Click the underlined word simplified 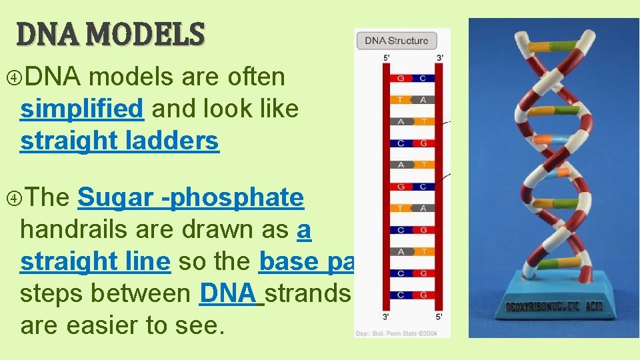pyautogui.click(x=82, y=109)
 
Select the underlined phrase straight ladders pyautogui.click(x=119, y=141)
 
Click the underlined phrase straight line pyautogui.click(x=95, y=262)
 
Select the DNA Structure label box pyautogui.click(x=397, y=40)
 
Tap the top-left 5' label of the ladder pyautogui.click(x=387, y=59)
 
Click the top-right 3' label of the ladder pyautogui.click(x=439, y=59)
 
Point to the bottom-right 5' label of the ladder pyautogui.click(x=439, y=316)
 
